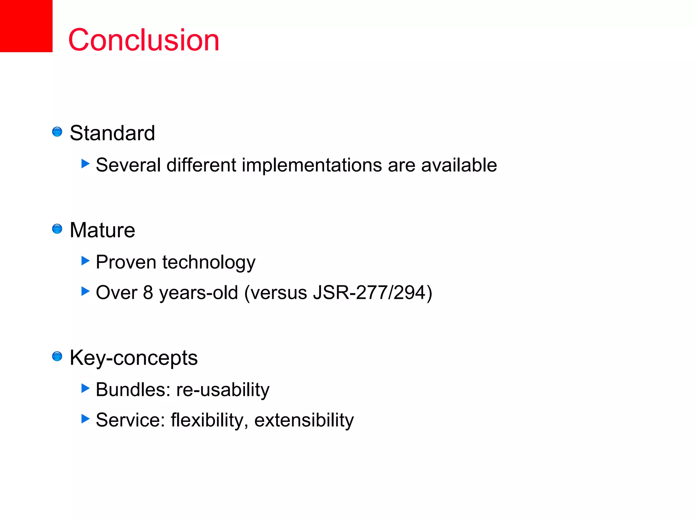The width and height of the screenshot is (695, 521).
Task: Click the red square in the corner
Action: [x=26, y=26]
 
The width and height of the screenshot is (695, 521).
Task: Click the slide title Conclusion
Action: [x=144, y=40]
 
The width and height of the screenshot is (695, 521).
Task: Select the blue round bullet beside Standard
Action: [x=57, y=132]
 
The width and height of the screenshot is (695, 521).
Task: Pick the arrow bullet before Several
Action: [x=86, y=164]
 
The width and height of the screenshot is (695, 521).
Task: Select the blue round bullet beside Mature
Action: [x=57, y=229]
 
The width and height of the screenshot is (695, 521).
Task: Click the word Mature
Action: [x=102, y=230]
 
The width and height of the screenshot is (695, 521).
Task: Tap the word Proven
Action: [x=126, y=262]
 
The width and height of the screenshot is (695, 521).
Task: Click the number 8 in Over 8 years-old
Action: [x=148, y=292]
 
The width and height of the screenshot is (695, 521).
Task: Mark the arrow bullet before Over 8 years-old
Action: [x=86, y=291]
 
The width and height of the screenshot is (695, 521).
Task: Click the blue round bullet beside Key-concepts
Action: [x=57, y=356]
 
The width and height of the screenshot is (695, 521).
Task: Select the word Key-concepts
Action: [x=133, y=358]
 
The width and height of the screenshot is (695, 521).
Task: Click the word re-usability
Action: [x=223, y=390]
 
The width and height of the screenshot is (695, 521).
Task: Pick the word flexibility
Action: [x=207, y=420]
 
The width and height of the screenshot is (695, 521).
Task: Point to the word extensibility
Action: [x=304, y=420]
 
